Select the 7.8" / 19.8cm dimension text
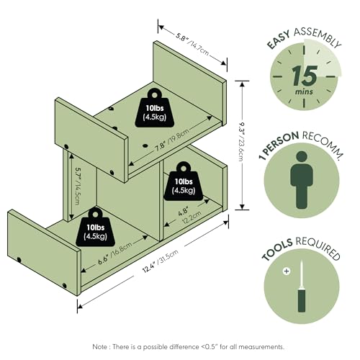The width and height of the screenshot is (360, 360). coord(172,139)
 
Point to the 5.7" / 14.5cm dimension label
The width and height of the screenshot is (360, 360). coord(78,186)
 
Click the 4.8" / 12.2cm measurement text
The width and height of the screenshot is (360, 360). coord(189,216)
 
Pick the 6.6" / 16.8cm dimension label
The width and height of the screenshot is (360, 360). coord(115,253)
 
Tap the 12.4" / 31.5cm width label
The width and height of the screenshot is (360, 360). coord(161,261)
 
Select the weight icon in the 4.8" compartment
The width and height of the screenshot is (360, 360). coord(184,181)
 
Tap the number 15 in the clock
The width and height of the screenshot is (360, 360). coord(305,76)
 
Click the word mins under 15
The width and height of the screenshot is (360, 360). coord(304,91)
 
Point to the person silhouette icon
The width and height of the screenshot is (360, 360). coord(302,180)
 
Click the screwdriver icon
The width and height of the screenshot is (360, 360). coord(302,287)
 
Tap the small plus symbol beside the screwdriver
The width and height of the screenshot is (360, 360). coord(287,271)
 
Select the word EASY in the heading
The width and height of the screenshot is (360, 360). coord(279,40)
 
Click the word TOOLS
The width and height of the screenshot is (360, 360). coord(277,250)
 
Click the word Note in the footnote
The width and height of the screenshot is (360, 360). coord(100,347)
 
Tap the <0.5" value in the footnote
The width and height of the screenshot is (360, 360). coord(209,347)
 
